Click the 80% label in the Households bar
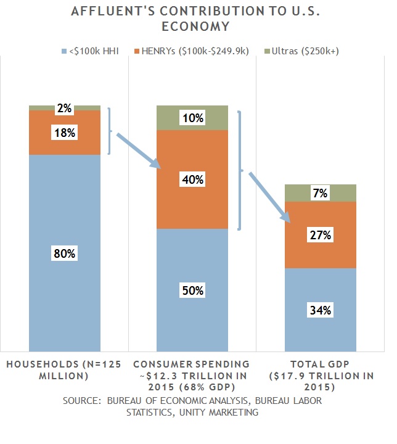tap(65, 253)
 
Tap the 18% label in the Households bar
tap(65, 133)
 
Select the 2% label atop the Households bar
tap(65, 109)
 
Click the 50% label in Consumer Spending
tap(192, 290)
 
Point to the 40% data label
tap(192, 180)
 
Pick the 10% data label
tap(192, 118)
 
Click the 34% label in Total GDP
tap(321, 310)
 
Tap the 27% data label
tap(321, 235)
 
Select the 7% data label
tap(321, 193)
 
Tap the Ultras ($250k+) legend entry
tap(303, 51)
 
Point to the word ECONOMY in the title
tap(198, 27)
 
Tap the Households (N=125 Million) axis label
tap(65, 370)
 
